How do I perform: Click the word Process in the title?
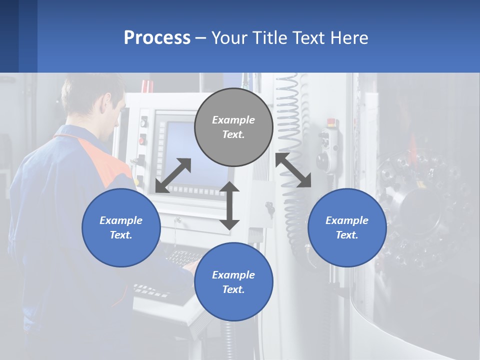click(157, 38)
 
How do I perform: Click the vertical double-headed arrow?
click(229, 205)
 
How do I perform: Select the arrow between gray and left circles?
click(173, 175)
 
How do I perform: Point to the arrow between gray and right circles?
click(293, 170)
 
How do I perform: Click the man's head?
click(95, 102)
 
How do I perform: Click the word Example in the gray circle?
click(233, 120)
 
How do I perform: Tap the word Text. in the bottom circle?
click(233, 289)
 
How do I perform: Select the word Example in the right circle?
click(347, 220)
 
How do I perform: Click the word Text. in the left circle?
click(121, 235)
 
